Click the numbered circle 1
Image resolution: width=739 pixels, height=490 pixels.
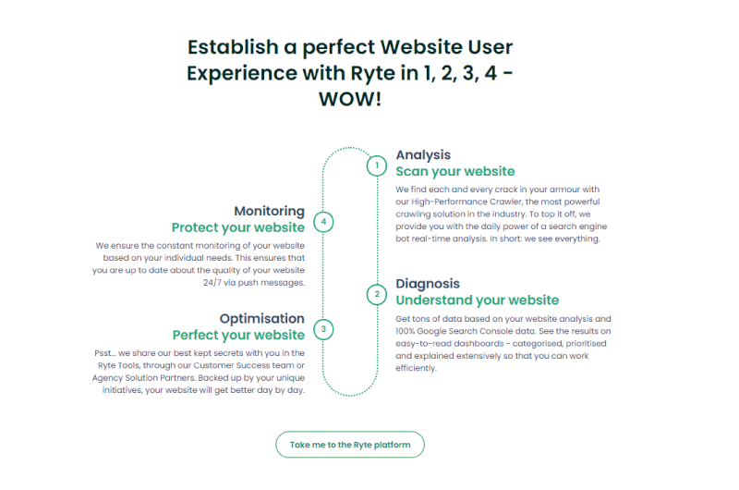click(377, 165)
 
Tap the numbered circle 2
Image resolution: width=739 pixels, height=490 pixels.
click(377, 295)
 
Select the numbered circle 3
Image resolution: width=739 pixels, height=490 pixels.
click(323, 329)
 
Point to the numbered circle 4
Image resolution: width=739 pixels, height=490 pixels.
click(323, 222)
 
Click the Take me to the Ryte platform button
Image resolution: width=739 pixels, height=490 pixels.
click(350, 445)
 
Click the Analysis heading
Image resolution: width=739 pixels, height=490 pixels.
click(423, 155)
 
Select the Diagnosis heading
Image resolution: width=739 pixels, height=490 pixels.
click(428, 284)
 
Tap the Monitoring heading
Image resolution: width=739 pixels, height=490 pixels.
click(269, 211)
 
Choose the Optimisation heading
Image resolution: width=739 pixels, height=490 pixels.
click(262, 318)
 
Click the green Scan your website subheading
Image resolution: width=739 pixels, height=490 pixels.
click(455, 171)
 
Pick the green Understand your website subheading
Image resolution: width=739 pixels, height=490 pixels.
click(478, 300)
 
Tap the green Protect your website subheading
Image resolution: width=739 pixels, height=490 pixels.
click(238, 227)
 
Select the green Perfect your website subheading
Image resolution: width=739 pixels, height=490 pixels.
click(238, 335)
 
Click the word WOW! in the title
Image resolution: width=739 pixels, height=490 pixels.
click(350, 99)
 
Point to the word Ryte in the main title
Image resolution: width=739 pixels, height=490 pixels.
click(373, 74)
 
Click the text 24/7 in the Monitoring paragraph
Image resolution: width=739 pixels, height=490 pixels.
click(212, 283)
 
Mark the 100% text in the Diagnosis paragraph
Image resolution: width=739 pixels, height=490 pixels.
click(405, 331)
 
